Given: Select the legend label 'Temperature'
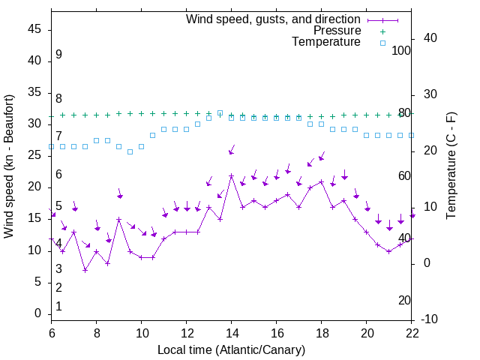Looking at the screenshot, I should tap(326, 43).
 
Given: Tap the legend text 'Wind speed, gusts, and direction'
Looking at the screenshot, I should tap(273, 19).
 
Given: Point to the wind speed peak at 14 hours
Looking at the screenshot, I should tap(232, 175).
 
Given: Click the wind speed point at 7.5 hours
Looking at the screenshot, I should tap(85, 270).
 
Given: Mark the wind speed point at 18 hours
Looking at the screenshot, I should tap(322, 181).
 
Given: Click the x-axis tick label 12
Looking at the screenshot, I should tap(187, 333).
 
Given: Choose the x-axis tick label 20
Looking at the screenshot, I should tap(367, 333).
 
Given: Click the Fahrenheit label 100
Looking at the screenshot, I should tap(402, 50).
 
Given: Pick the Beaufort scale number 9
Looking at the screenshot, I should tap(58, 55).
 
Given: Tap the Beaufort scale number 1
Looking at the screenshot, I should tap(58, 306).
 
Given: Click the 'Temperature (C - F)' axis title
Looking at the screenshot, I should tap(451, 166).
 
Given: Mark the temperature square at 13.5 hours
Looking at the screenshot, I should tap(220, 113).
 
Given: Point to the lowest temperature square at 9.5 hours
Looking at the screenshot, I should tap(130, 151).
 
